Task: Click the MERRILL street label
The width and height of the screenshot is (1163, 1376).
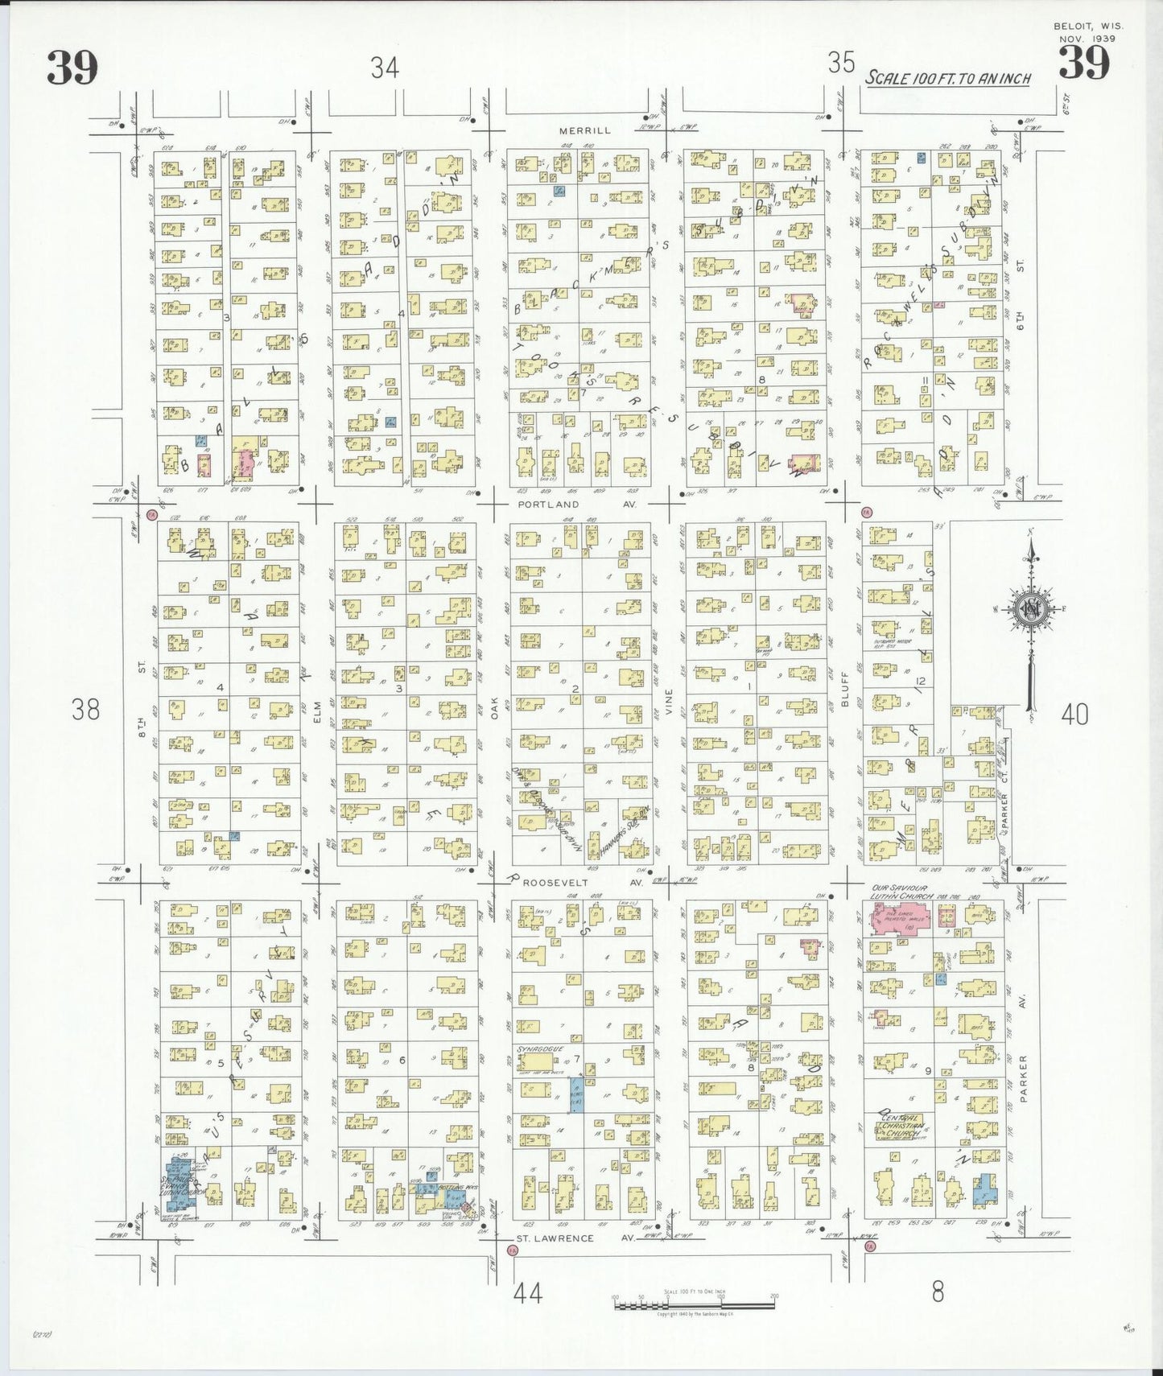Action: point(586,130)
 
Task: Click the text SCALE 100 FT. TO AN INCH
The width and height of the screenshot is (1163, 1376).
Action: point(948,79)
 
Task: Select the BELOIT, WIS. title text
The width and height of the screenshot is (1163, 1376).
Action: point(1088,26)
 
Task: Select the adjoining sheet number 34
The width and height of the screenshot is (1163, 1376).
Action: point(385,68)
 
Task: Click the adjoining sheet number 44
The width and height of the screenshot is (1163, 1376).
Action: point(527,1293)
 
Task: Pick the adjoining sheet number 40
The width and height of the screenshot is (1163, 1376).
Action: point(1075,714)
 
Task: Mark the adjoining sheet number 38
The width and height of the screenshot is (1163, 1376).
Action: point(85,710)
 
